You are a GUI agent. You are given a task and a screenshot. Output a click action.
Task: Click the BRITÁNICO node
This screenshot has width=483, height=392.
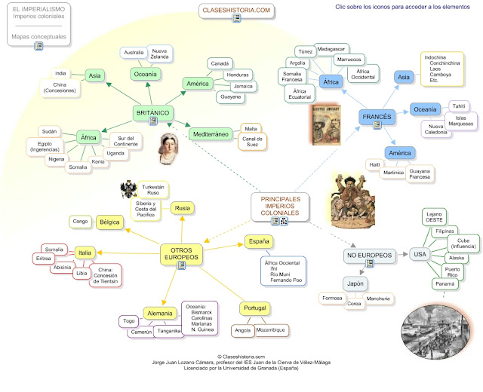152,112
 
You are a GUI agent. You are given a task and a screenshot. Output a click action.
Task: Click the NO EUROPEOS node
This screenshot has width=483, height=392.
368,256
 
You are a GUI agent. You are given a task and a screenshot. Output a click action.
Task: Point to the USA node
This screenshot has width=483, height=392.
420,255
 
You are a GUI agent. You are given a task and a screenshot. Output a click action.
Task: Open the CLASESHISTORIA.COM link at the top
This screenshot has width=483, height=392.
235,10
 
